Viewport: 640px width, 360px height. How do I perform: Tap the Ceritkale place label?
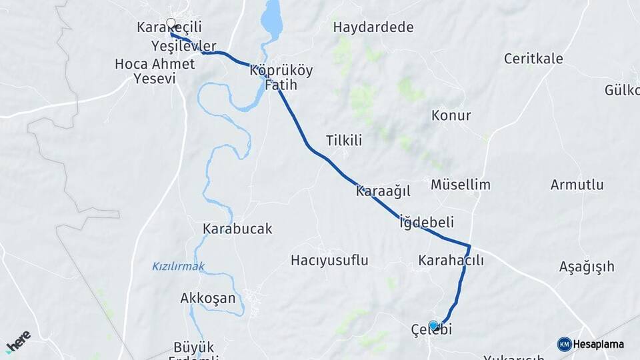[533, 59]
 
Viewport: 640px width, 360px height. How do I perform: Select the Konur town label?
[451, 115]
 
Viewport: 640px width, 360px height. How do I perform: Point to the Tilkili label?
[343, 140]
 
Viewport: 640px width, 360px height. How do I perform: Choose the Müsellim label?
[461, 185]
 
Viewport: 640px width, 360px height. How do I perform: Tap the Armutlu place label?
[577, 185]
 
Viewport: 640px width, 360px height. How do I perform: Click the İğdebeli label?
[426, 222]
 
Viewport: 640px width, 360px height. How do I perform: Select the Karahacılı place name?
[451, 260]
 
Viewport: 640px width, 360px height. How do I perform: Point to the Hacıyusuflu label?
[329, 260]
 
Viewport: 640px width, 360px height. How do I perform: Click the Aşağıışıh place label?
[586, 267]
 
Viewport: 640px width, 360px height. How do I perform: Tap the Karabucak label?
[237, 229]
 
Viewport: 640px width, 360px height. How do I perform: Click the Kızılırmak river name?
[178, 267]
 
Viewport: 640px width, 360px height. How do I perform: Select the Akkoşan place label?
[208, 298]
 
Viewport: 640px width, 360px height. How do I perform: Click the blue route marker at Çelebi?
[434, 325]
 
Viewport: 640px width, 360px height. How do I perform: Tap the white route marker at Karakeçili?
[171, 23]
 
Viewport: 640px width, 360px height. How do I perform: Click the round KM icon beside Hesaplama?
[564, 344]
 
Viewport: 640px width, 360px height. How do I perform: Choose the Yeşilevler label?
[184, 46]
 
